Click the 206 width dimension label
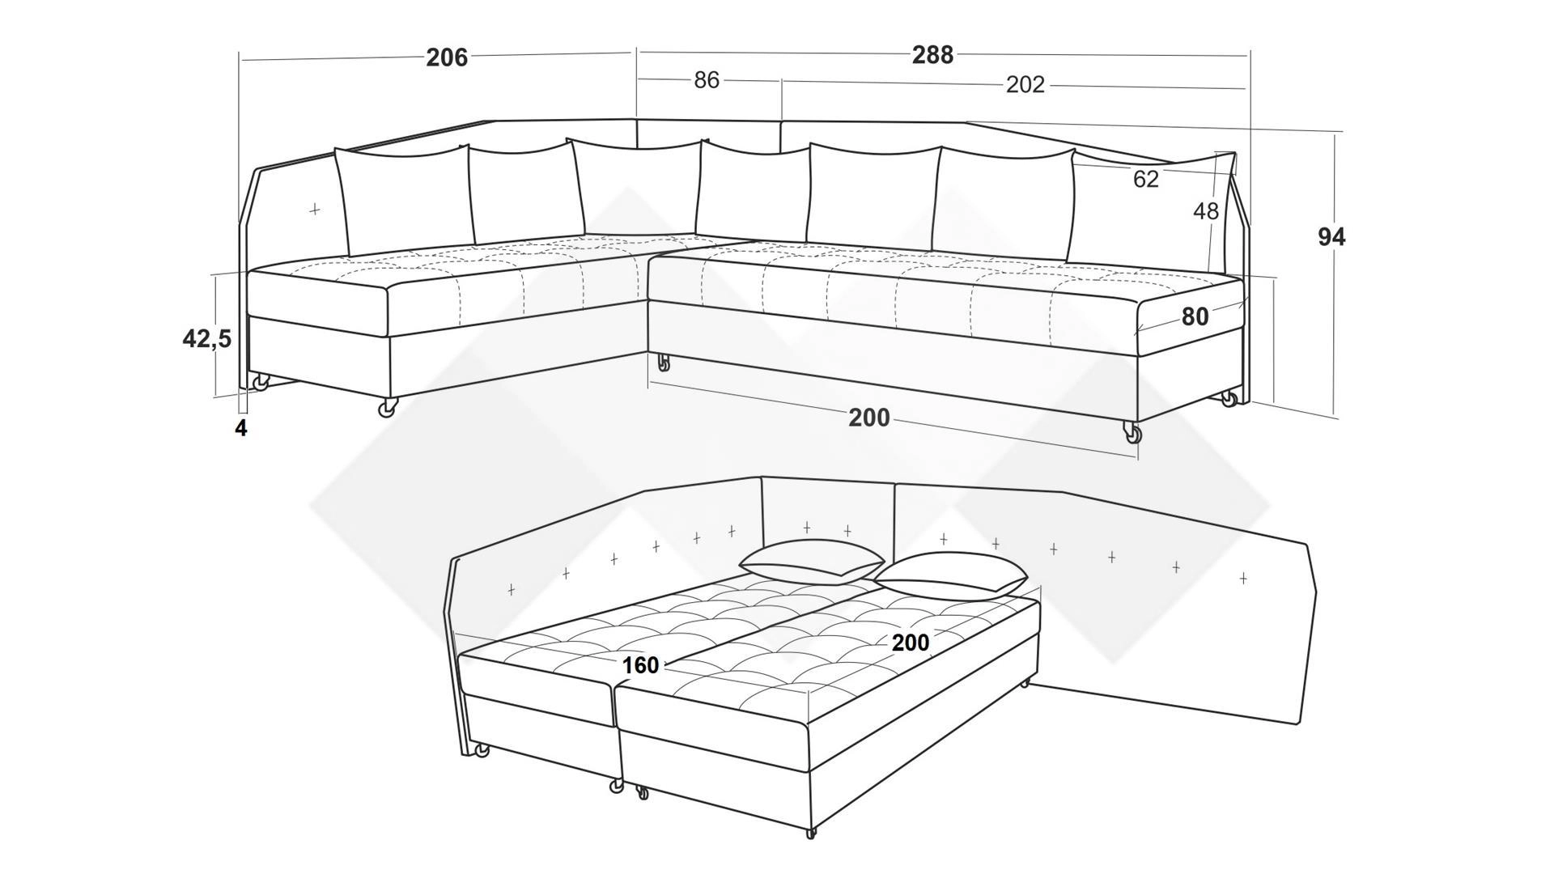pyautogui.click(x=447, y=57)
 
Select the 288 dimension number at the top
pyautogui.click(x=932, y=55)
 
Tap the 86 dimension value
pyautogui.click(x=707, y=80)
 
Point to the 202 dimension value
pyautogui.click(x=1025, y=84)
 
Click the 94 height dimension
pyautogui.click(x=1331, y=237)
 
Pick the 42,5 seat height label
pyautogui.click(x=206, y=340)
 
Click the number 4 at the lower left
pyautogui.click(x=240, y=427)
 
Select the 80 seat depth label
pyautogui.click(x=1195, y=317)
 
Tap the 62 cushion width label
pyautogui.click(x=1145, y=179)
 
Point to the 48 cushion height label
pyautogui.click(x=1205, y=211)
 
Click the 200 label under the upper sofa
pyautogui.click(x=868, y=418)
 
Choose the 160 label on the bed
pyautogui.click(x=640, y=665)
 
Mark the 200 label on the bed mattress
pyautogui.click(x=911, y=643)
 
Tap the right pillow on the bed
pyautogui.click(x=950, y=577)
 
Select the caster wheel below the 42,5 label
pyautogui.click(x=261, y=383)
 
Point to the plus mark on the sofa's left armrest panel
pyautogui.click(x=314, y=210)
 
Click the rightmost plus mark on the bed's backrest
pyautogui.click(x=1243, y=578)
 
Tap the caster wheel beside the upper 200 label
pyautogui.click(x=1132, y=434)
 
